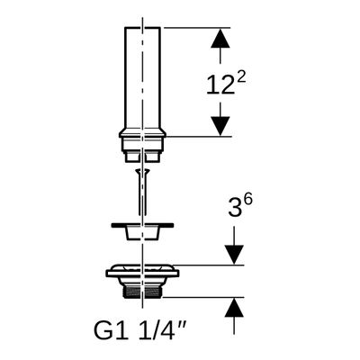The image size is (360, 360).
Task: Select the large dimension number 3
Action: [235, 206]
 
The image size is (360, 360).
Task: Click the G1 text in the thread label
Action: [112, 330]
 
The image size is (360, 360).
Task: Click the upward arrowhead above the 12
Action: [220, 39]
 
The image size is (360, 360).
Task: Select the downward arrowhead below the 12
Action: [220, 126]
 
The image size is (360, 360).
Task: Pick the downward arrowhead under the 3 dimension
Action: [234, 255]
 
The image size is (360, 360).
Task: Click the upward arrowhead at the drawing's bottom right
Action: [234, 308]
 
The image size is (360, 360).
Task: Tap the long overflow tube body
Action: [142, 78]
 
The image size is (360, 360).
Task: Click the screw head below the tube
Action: [142, 171]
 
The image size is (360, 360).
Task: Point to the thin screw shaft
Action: [142, 194]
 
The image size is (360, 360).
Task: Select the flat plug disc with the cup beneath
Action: [142, 231]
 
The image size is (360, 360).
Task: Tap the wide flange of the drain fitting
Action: [142, 274]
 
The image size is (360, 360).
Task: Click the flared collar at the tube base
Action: [142, 134]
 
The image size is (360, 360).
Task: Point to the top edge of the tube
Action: [142, 28]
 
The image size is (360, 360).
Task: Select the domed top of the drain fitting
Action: [142, 267]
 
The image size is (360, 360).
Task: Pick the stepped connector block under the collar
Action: [142, 150]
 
